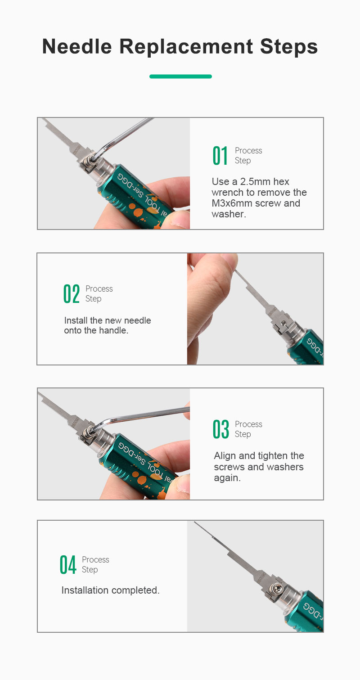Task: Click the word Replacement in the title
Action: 186,47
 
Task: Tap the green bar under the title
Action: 180,77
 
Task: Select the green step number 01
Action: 220,156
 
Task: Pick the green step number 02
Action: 72,294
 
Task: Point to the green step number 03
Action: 221,429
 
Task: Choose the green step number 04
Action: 68,565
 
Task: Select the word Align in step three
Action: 225,456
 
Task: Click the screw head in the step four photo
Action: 279,589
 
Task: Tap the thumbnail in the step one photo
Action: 180,219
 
